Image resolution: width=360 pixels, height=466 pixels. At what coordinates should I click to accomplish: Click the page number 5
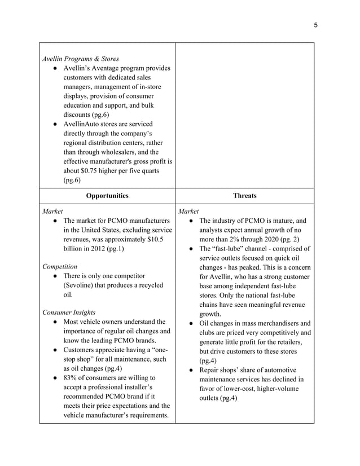tap(315, 25)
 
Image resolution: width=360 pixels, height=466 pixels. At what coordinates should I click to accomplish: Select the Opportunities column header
tap(107, 196)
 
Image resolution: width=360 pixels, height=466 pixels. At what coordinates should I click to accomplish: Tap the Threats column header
tap(244, 196)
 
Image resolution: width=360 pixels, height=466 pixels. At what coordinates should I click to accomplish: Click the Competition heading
tap(60, 266)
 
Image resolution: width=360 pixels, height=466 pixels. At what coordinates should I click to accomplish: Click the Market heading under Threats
tap(188, 211)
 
